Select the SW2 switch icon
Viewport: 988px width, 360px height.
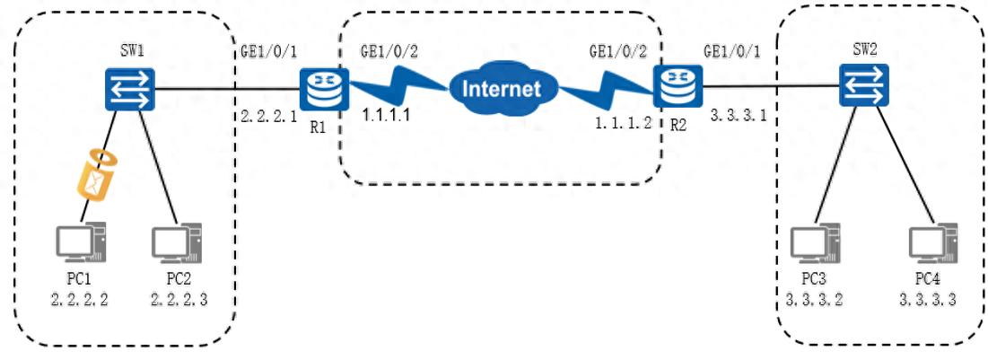coord(863,87)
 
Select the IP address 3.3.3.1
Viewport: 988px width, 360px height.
coord(738,116)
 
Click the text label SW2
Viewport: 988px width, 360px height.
coord(863,48)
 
